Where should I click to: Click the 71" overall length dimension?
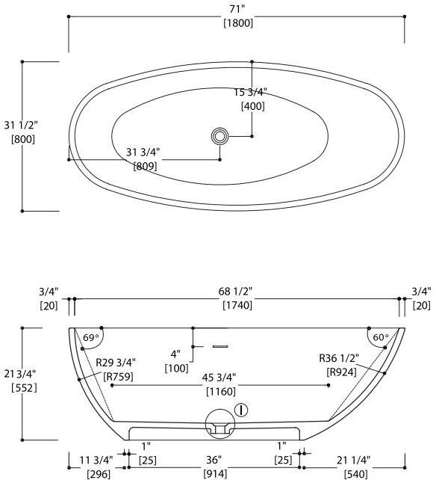[237, 8]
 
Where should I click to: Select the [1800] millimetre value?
[237, 22]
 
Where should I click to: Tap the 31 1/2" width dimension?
[20, 125]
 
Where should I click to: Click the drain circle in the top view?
[219, 136]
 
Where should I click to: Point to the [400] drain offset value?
[252, 106]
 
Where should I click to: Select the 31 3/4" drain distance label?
[143, 153]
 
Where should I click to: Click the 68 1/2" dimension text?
[237, 291]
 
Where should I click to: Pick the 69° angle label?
[91, 338]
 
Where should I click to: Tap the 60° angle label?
[380, 338]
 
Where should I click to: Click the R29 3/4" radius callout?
[115, 363]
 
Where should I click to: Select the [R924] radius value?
[341, 372]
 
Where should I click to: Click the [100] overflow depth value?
[177, 368]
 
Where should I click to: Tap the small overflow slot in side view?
[219, 346]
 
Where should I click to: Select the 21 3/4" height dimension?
[20, 374]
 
